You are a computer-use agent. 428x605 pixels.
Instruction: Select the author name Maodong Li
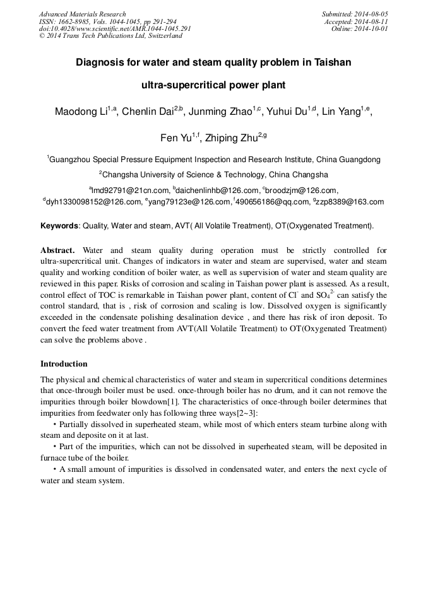tap(81, 112)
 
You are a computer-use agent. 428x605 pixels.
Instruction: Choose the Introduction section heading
tap(64, 364)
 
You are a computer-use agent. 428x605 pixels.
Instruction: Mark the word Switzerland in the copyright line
tap(165, 36)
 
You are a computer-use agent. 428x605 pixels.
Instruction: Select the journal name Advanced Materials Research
tap(82, 14)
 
